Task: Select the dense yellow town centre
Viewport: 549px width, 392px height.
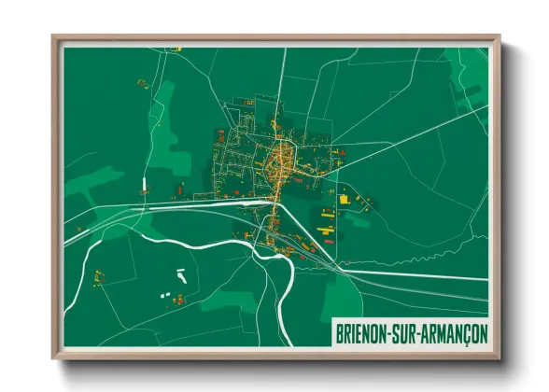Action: [277, 161]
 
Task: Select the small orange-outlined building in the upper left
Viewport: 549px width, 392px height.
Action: [142, 83]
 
